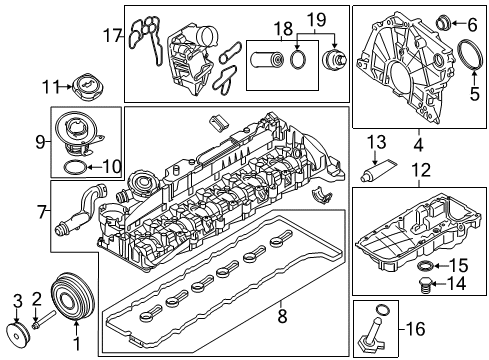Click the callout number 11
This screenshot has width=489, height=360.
(x=49, y=87)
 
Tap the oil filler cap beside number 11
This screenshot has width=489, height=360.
(x=89, y=87)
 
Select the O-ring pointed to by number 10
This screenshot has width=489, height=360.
(x=75, y=167)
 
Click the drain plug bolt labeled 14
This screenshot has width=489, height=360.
(x=424, y=285)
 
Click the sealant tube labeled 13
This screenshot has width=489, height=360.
(x=378, y=170)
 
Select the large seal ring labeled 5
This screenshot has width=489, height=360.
(x=471, y=55)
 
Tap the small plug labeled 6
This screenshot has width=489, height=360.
(x=444, y=23)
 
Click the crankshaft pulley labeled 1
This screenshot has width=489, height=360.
(x=72, y=296)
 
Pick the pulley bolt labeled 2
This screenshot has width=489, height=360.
(x=44, y=319)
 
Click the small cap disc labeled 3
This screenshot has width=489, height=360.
(x=17, y=331)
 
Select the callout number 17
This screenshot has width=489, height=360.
(x=112, y=35)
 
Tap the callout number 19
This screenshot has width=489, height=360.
(x=316, y=19)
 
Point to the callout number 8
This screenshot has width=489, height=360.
(x=282, y=316)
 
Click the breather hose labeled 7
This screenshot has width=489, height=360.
(x=81, y=208)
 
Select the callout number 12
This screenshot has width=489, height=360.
(x=421, y=169)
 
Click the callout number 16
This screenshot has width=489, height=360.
(x=416, y=329)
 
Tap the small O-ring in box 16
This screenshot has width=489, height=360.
(x=383, y=309)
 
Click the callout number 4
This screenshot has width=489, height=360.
(x=419, y=145)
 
